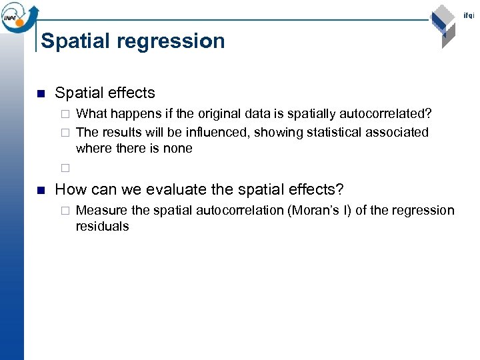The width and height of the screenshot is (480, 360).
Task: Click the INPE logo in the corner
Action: click(19, 16)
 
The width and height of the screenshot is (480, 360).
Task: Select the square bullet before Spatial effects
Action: click(40, 93)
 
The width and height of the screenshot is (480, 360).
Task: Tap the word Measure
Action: click(102, 211)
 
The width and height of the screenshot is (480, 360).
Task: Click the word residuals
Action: click(102, 227)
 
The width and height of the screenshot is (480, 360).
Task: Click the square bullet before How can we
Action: click(40, 189)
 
